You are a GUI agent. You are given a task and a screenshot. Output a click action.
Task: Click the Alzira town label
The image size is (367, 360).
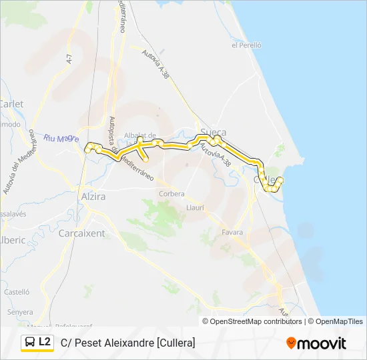[x=93, y=197]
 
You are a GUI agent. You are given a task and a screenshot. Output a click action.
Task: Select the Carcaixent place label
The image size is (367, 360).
[x=81, y=233]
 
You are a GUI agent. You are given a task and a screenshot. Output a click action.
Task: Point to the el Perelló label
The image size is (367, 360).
[x=246, y=45]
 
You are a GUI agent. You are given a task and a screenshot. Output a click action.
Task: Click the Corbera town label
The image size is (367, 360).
[x=171, y=194]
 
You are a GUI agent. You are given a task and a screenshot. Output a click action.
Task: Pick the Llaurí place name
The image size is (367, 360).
[x=195, y=208]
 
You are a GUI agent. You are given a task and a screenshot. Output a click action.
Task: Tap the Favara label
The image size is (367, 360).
[x=232, y=233]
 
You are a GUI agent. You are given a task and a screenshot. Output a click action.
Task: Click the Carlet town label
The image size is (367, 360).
[x=11, y=104]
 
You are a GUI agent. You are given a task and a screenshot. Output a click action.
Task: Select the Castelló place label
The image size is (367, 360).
[x=17, y=292]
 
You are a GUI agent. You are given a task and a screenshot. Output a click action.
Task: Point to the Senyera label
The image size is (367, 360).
[x=20, y=312]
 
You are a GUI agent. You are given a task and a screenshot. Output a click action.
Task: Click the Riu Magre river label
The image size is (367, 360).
[x=61, y=139]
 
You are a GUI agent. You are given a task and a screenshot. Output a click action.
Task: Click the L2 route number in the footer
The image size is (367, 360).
[x=45, y=342]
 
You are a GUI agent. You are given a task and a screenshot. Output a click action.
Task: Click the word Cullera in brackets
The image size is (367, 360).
[x=175, y=343]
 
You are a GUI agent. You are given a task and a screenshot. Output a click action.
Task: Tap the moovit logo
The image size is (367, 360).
[x=316, y=343]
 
